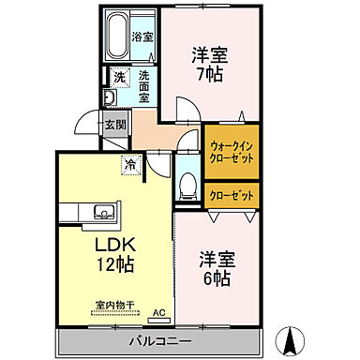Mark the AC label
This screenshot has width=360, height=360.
(158, 313)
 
